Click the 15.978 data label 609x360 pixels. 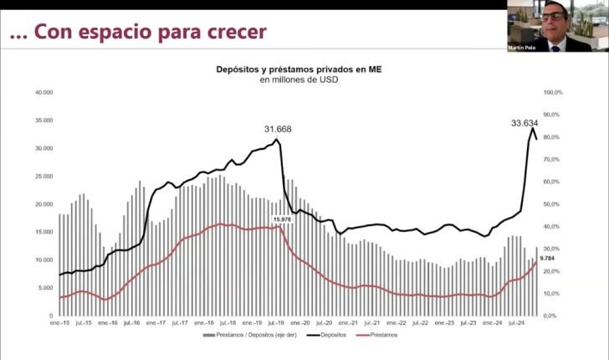point(281,219)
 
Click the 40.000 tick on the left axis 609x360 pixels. point(43,92)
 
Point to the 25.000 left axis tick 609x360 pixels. point(43,176)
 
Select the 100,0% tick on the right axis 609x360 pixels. point(554,92)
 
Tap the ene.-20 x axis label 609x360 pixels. point(299,321)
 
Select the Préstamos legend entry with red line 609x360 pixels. point(381,335)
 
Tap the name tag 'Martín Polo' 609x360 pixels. point(521,48)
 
